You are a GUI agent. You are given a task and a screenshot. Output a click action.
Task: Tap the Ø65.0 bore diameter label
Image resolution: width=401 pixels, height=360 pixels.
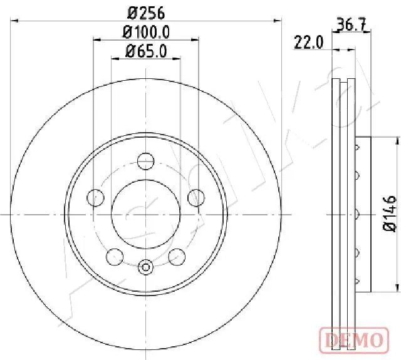[146, 52]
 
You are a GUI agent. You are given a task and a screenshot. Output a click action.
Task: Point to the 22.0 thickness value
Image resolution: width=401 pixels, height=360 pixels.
[308, 43]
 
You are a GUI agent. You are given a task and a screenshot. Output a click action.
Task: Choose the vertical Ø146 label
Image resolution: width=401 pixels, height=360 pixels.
[388, 214]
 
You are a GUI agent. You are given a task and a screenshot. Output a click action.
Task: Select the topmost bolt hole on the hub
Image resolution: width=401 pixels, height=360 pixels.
[145, 159]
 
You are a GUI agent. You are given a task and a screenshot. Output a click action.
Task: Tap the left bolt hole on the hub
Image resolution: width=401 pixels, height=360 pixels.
[95, 198]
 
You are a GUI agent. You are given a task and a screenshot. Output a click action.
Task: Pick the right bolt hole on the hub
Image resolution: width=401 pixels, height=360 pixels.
[195, 198]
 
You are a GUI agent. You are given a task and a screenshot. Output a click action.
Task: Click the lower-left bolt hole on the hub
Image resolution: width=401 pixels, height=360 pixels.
[114, 256]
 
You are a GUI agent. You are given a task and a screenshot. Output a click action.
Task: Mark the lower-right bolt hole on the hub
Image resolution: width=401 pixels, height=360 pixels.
[177, 256]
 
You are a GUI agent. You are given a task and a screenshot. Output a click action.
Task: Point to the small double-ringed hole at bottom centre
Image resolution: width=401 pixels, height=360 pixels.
[145, 267]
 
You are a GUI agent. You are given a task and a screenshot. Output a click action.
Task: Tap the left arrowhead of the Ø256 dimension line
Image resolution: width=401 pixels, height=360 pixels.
[14, 21]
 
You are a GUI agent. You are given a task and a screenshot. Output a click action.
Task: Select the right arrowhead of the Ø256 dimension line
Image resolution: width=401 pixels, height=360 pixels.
[279, 21]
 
